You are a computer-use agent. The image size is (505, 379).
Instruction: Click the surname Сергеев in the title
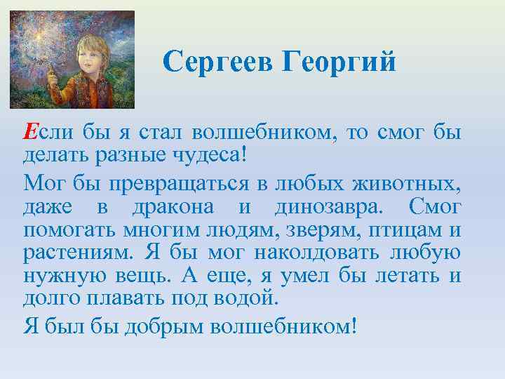tap(217, 62)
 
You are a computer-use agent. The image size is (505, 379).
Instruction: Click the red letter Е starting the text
tap(31, 131)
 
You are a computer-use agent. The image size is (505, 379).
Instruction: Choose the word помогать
tap(63, 230)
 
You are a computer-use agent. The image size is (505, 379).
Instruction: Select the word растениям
tap(77, 252)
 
